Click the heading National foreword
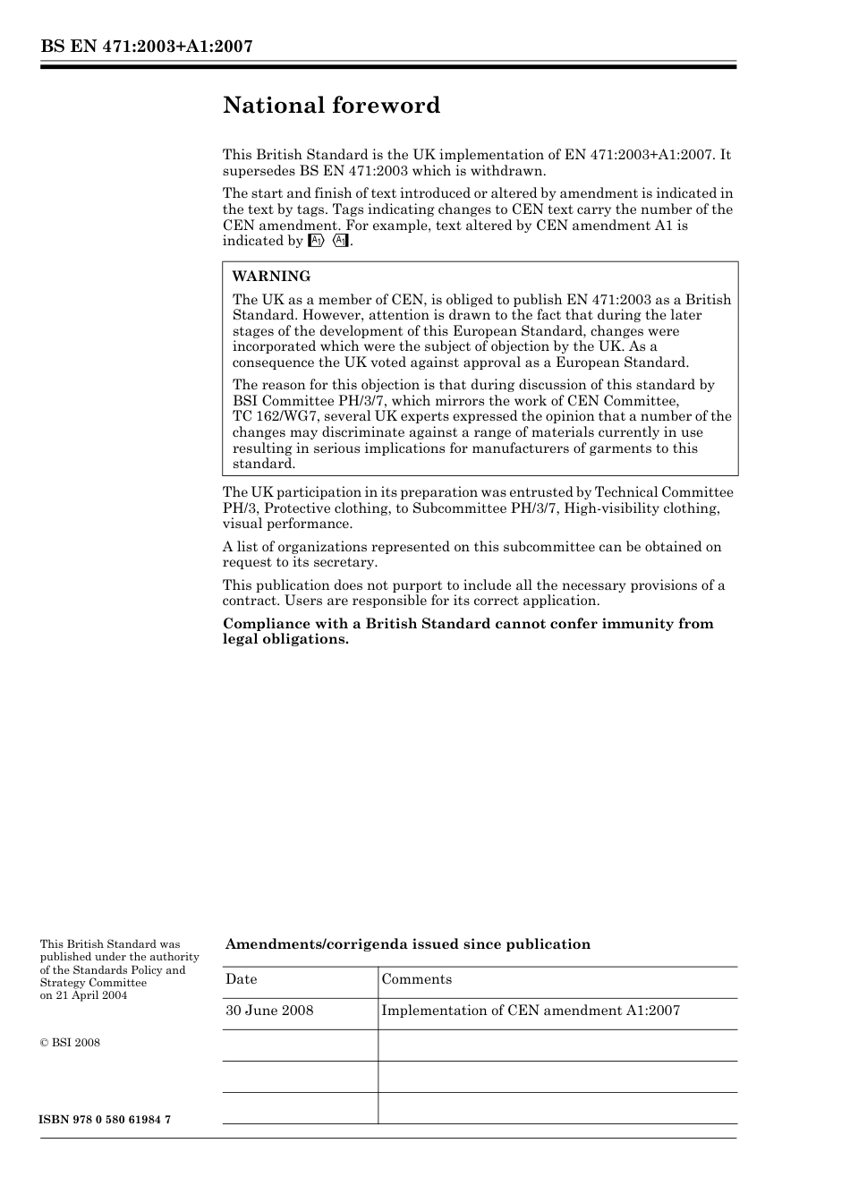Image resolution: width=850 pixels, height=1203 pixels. [331, 106]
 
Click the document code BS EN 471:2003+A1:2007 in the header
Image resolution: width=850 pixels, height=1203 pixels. [146, 47]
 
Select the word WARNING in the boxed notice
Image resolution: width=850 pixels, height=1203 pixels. [271, 277]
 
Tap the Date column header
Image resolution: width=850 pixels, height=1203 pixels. [241, 979]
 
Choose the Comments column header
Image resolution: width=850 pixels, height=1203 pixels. [416, 979]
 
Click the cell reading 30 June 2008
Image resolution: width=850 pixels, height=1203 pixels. [269, 1011]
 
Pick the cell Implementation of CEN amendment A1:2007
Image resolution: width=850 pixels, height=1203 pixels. [531, 1011]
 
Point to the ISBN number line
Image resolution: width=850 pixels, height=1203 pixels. [106, 1121]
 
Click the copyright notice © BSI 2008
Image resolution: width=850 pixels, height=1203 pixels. [70, 1042]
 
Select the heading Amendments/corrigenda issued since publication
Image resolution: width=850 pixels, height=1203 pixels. [407, 944]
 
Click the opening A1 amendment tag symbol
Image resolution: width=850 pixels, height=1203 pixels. [315, 242]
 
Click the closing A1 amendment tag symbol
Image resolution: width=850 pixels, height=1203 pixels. [339, 242]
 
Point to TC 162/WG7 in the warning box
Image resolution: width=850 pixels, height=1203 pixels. [275, 416]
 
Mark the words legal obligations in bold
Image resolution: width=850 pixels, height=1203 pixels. [285, 640]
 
